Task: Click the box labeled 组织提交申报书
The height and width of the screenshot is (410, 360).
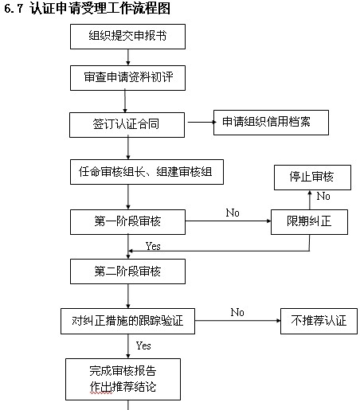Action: coord(127,37)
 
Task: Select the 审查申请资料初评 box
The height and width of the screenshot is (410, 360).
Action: coord(127,78)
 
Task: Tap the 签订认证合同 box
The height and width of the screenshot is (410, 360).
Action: coord(127,125)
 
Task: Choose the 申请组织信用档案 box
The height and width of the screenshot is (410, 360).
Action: coord(271,123)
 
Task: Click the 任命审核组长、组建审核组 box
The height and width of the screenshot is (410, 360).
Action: coord(147,172)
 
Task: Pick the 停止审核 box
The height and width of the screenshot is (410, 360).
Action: coord(312,178)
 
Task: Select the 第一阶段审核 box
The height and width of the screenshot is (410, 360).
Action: coord(127,222)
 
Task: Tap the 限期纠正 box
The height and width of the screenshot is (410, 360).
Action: coord(309,222)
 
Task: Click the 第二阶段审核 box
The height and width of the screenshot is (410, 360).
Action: coord(127,271)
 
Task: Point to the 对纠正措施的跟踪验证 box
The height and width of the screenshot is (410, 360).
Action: coord(127,321)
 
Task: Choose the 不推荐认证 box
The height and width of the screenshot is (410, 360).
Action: coord(319,321)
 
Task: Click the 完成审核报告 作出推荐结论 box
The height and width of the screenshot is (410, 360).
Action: coord(123,380)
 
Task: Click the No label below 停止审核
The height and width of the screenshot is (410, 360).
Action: coord(323,197)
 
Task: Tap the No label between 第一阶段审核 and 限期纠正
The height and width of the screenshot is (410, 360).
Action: coord(233,213)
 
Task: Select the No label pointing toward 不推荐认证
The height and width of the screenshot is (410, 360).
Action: coord(237,312)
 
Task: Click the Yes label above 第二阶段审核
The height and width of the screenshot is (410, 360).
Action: coord(153,247)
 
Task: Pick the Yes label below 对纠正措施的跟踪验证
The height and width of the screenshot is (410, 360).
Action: coord(143,346)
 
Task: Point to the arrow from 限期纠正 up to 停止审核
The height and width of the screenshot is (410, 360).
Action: coord(310,200)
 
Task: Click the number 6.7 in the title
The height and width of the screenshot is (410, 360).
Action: coord(14,9)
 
